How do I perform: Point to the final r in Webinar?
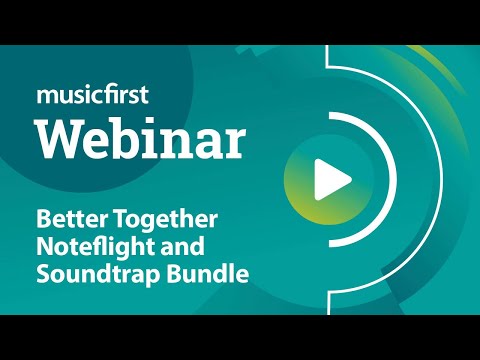[235, 144]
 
